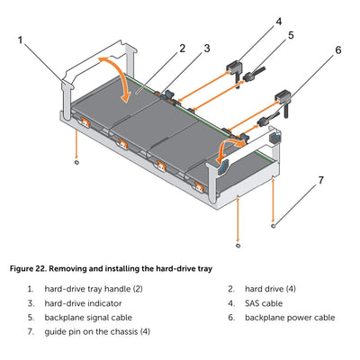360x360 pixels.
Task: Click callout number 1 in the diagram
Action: pyautogui.click(x=21, y=40)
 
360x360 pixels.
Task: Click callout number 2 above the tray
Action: pyautogui.click(x=183, y=49)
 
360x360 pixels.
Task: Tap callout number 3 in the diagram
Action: pyautogui.click(x=207, y=49)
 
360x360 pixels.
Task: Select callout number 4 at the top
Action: pyautogui.click(x=279, y=22)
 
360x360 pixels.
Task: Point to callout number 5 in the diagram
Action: pyautogui.click(x=291, y=35)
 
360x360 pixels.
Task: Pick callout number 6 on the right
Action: pyautogui.click(x=338, y=50)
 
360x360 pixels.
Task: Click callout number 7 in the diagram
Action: pyautogui.click(x=321, y=180)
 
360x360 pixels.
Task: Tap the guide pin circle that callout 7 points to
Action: pyautogui.click(x=273, y=226)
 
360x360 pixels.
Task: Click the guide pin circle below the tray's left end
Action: pyautogui.click(x=76, y=162)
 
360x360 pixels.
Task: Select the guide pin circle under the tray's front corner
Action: pyautogui.click(x=238, y=246)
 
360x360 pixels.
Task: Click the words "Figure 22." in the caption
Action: pyautogui.click(x=28, y=269)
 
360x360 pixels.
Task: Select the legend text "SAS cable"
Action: pyautogui.click(x=264, y=303)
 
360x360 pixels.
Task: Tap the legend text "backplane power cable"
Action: pyautogui.click(x=290, y=318)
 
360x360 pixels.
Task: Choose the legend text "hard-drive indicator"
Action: pyautogui.click(x=83, y=303)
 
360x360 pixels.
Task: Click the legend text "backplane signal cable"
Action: pyautogui.click(x=88, y=318)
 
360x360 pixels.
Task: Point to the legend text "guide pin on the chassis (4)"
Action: pyautogui.click(x=97, y=332)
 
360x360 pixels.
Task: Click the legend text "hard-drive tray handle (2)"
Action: pyautogui.click(x=94, y=289)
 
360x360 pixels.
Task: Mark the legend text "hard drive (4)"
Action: pyautogui.click(x=270, y=289)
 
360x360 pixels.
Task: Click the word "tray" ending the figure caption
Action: pyautogui.click(x=204, y=269)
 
